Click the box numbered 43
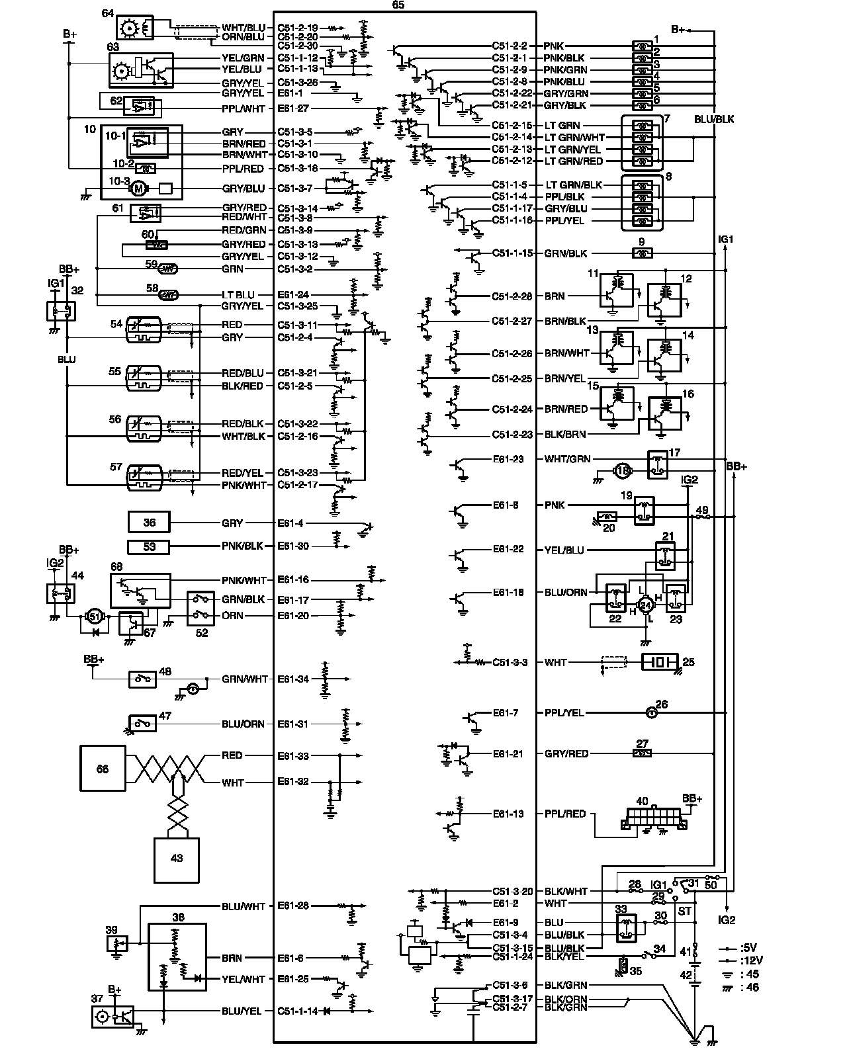[x=177, y=859]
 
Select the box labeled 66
[x=103, y=768]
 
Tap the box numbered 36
[x=150, y=523]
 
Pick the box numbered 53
[x=150, y=546]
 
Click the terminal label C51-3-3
[x=510, y=662]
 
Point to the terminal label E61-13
[x=508, y=814]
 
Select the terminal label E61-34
[x=293, y=679]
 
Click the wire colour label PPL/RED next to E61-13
[x=565, y=814]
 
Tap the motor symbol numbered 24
[x=645, y=604]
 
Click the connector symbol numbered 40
[x=653, y=818]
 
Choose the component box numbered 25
[x=660, y=662]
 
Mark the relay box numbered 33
[x=626, y=928]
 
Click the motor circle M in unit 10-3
[x=138, y=189]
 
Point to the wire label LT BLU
[x=238, y=294]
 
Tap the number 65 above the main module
[x=398, y=5]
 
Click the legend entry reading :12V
[x=751, y=960]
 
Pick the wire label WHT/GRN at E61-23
[x=567, y=458]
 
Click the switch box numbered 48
[x=142, y=679]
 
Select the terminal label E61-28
[x=293, y=906]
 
